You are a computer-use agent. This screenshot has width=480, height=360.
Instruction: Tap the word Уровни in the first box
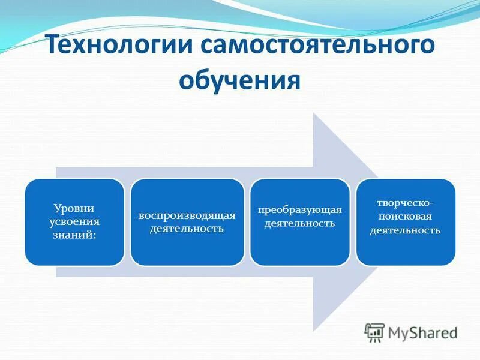(74, 209)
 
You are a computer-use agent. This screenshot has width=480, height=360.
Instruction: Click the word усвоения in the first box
(74, 221)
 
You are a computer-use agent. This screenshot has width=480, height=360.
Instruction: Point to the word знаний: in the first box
(74, 233)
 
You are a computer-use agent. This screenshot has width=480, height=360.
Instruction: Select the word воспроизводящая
(187, 215)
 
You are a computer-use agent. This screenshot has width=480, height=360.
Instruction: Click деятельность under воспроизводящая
(187, 229)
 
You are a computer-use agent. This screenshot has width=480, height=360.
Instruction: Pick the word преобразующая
(300, 210)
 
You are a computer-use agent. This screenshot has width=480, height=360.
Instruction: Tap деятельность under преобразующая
(300, 223)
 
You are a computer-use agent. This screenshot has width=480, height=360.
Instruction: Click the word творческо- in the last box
(406, 203)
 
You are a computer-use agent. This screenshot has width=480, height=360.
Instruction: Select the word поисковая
(406, 216)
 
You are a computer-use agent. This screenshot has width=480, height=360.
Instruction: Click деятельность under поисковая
(406, 229)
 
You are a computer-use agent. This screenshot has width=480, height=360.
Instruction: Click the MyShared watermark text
(422, 331)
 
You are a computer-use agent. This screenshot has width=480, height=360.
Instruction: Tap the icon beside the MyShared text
(374, 331)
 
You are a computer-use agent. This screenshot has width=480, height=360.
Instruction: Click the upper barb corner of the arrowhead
(314, 115)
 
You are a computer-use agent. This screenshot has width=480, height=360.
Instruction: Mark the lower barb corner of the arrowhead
(314, 329)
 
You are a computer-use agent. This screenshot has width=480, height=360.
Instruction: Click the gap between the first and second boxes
(127, 222)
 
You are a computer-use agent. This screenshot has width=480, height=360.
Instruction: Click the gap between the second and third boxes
(247, 222)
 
